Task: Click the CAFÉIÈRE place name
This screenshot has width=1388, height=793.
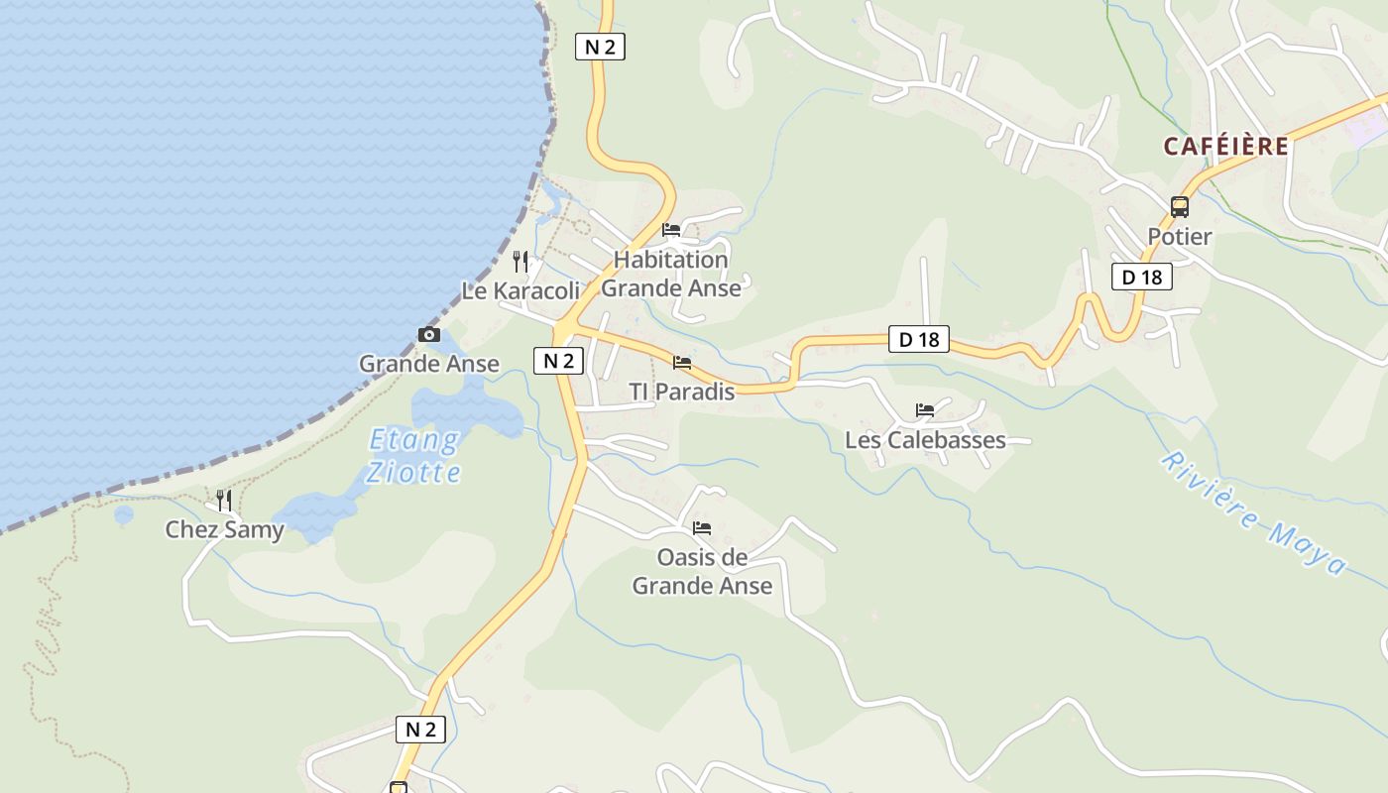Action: [1226, 147]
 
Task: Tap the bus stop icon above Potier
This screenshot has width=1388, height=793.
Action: [1180, 207]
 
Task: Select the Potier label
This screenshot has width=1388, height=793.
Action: [1180, 237]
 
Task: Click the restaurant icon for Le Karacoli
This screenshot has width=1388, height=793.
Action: [520, 262]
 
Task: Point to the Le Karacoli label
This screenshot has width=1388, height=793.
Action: [520, 291]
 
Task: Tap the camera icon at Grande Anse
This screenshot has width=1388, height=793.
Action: [429, 335]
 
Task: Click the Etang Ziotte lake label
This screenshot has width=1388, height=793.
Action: [414, 455]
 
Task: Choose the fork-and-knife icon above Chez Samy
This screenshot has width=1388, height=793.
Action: [224, 501]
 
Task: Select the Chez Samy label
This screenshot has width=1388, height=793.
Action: [224, 530]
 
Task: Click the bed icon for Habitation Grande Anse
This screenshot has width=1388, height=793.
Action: [671, 230]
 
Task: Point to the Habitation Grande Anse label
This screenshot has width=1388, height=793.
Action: [671, 274]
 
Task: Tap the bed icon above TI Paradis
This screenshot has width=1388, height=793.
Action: [682, 363]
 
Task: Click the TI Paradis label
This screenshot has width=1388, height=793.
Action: [682, 392]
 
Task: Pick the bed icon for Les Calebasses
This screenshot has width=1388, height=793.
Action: [925, 410]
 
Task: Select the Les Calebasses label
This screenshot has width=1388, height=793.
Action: [925, 440]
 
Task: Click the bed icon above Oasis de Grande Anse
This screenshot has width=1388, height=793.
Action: [702, 528]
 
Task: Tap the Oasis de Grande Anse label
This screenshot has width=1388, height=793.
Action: [702, 571]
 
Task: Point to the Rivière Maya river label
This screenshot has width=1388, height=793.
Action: [1254, 513]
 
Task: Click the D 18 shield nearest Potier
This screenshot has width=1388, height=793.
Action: [1142, 277]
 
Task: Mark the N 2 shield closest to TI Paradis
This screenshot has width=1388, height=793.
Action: [559, 361]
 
